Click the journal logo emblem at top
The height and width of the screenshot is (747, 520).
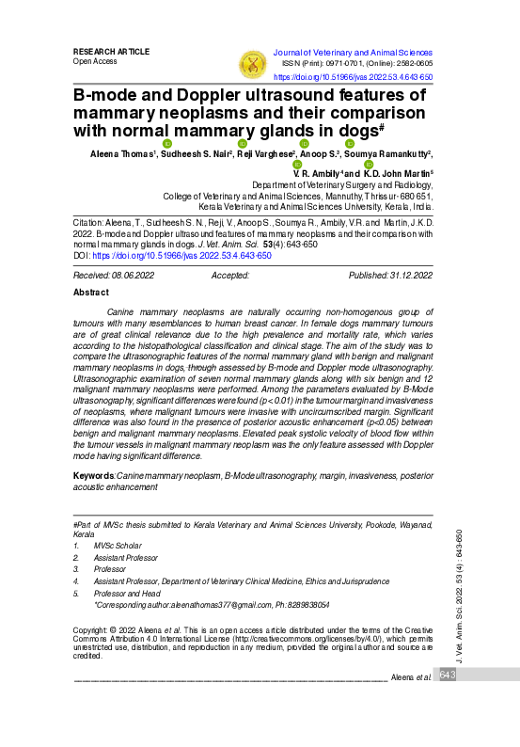[252, 64]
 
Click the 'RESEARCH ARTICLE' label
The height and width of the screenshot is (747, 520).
[111, 51]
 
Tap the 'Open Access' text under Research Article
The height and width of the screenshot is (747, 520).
[95, 61]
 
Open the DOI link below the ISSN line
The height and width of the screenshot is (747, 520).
[353, 77]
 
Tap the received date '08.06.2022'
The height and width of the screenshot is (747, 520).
[134, 275]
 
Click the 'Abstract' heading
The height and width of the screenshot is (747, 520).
[91, 293]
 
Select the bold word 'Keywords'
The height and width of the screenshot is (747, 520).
[94, 477]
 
